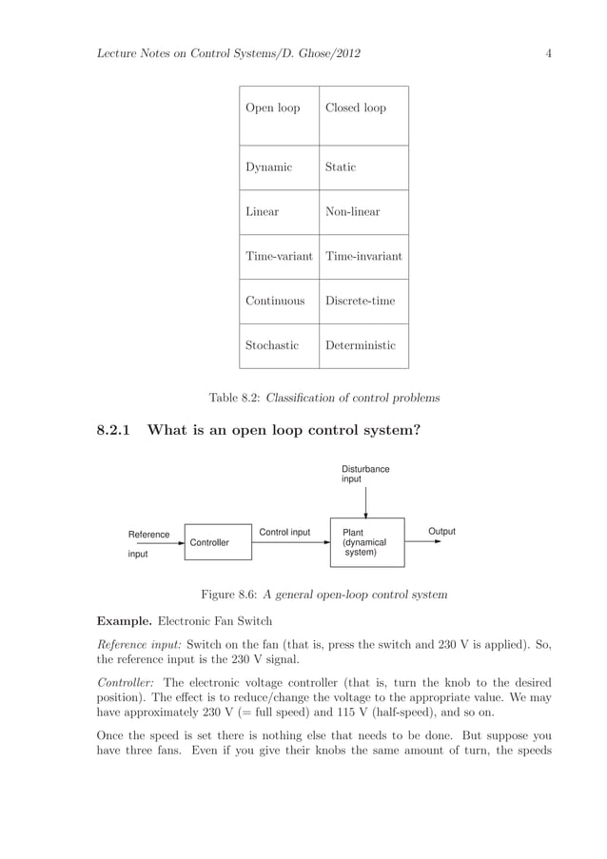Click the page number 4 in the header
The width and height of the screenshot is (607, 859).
click(549, 53)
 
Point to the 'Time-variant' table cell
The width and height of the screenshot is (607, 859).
click(280, 257)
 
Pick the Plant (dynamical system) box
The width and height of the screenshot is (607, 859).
click(366, 542)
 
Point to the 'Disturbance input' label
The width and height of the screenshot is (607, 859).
click(365, 475)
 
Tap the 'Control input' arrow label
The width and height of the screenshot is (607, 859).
click(284, 533)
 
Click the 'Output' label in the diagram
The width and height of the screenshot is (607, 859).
click(441, 532)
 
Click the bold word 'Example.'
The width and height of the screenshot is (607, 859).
click(124, 621)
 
